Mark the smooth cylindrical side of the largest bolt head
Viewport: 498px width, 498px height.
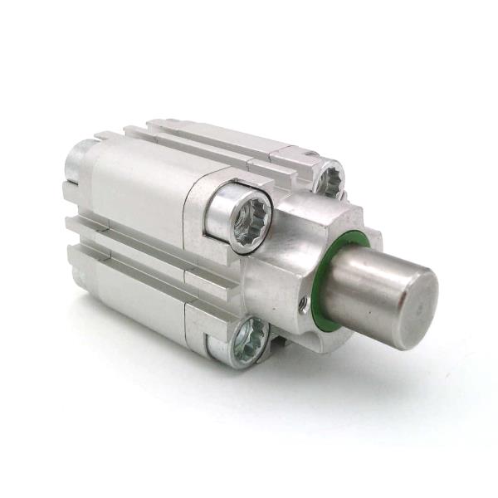(x=217, y=213)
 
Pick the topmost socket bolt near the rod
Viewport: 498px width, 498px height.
(x=330, y=180)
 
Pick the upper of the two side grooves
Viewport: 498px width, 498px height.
(x=124, y=228)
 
